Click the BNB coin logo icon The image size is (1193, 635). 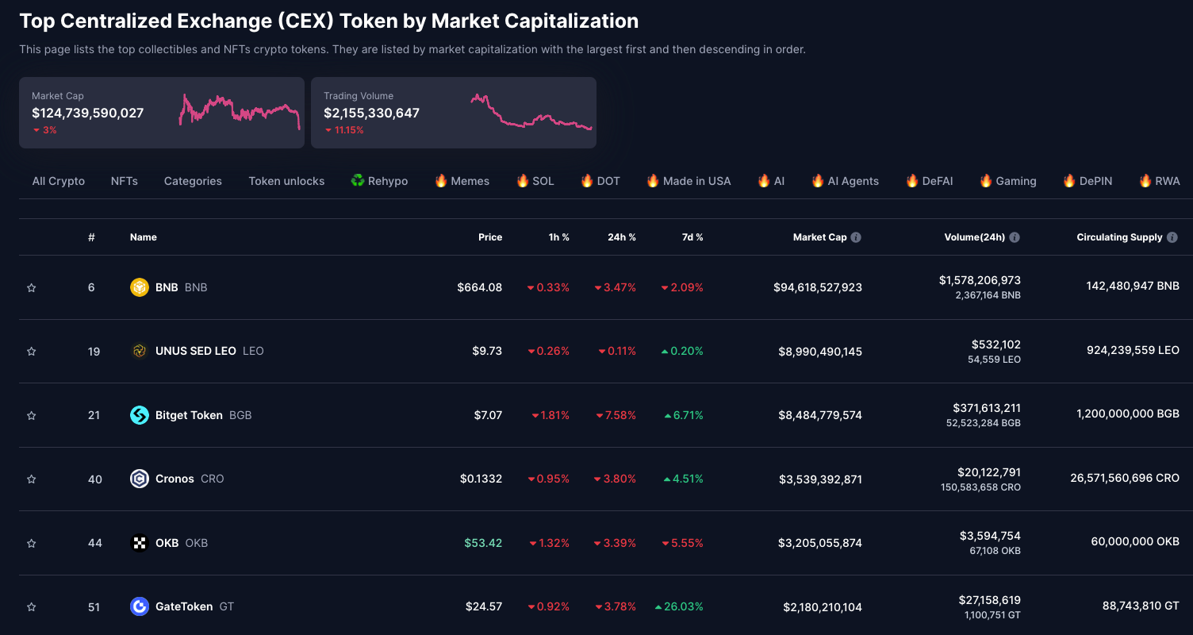(x=140, y=287)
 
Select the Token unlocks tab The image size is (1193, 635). (x=286, y=181)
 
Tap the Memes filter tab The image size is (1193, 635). (x=462, y=181)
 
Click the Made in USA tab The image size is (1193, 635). (x=689, y=181)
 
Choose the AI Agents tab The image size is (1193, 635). (x=845, y=181)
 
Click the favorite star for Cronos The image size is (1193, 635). (x=32, y=479)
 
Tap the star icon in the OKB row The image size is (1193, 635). (x=32, y=544)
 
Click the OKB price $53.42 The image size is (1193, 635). (x=483, y=543)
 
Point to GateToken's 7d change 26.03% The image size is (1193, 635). (x=679, y=606)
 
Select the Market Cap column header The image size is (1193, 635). (x=819, y=237)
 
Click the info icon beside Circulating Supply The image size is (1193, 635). (x=1172, y=237)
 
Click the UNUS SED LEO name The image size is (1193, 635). (x=195, y=351)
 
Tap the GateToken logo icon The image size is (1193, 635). (x=140, y=606)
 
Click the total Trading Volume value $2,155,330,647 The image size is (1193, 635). (x=371, y=113)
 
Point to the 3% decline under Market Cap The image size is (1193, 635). (x=45, y=130)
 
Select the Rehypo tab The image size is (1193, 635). (x=379, y=181)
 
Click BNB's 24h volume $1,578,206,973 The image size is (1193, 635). (x=980, y=280)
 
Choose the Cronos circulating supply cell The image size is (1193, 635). (x=1124, y=479)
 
